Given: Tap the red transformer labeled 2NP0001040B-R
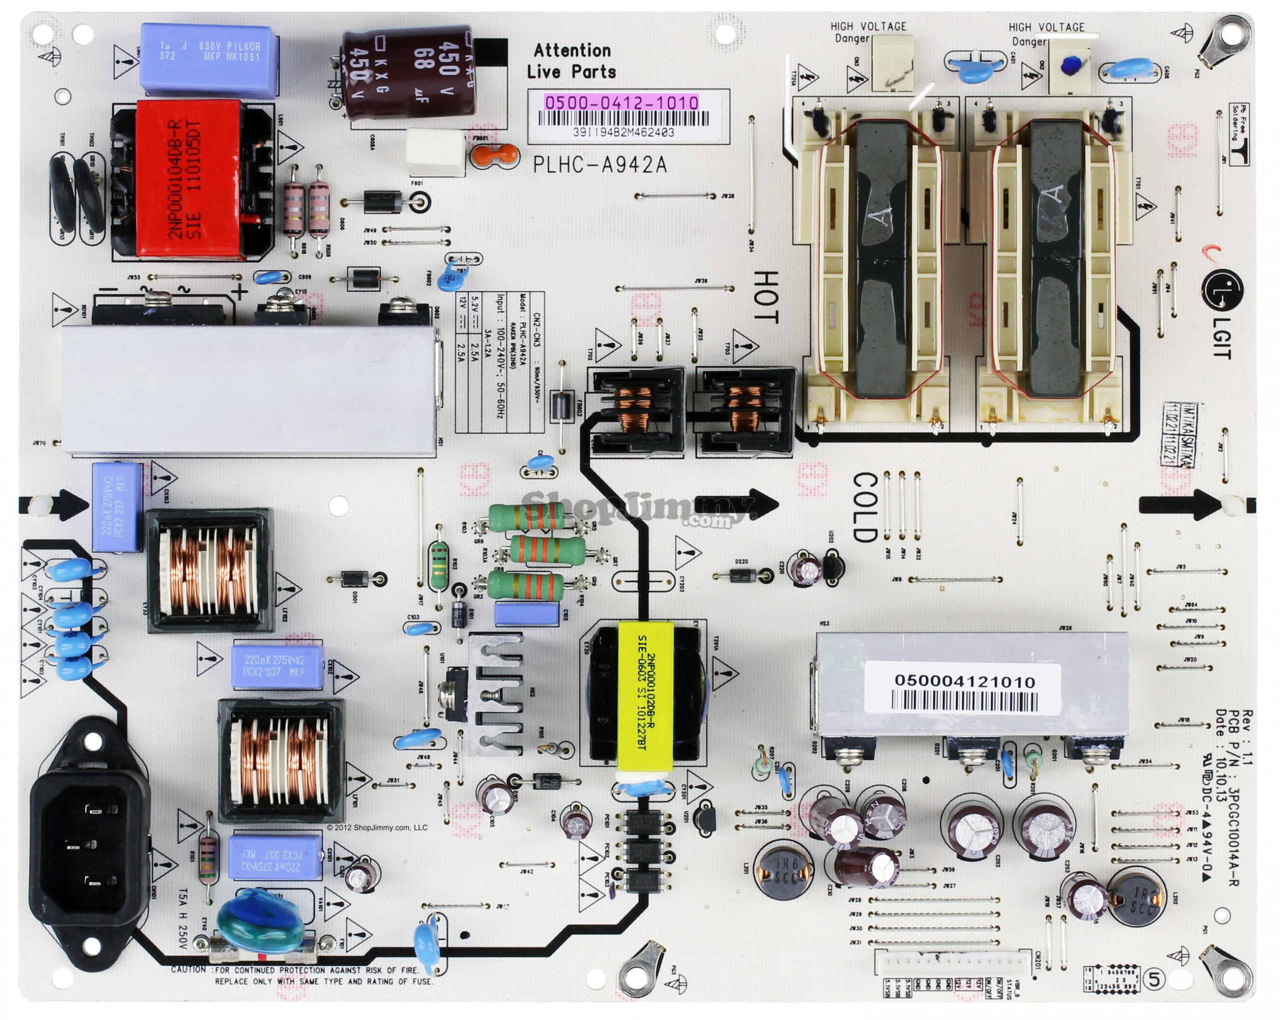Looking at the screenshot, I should pos(189,179).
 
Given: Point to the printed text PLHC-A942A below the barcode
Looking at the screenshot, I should pos(599,164).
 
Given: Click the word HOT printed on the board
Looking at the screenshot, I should pos(766,297).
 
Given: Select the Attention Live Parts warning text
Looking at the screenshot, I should pos(571,61).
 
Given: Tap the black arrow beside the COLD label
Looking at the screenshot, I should pos(736,503).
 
